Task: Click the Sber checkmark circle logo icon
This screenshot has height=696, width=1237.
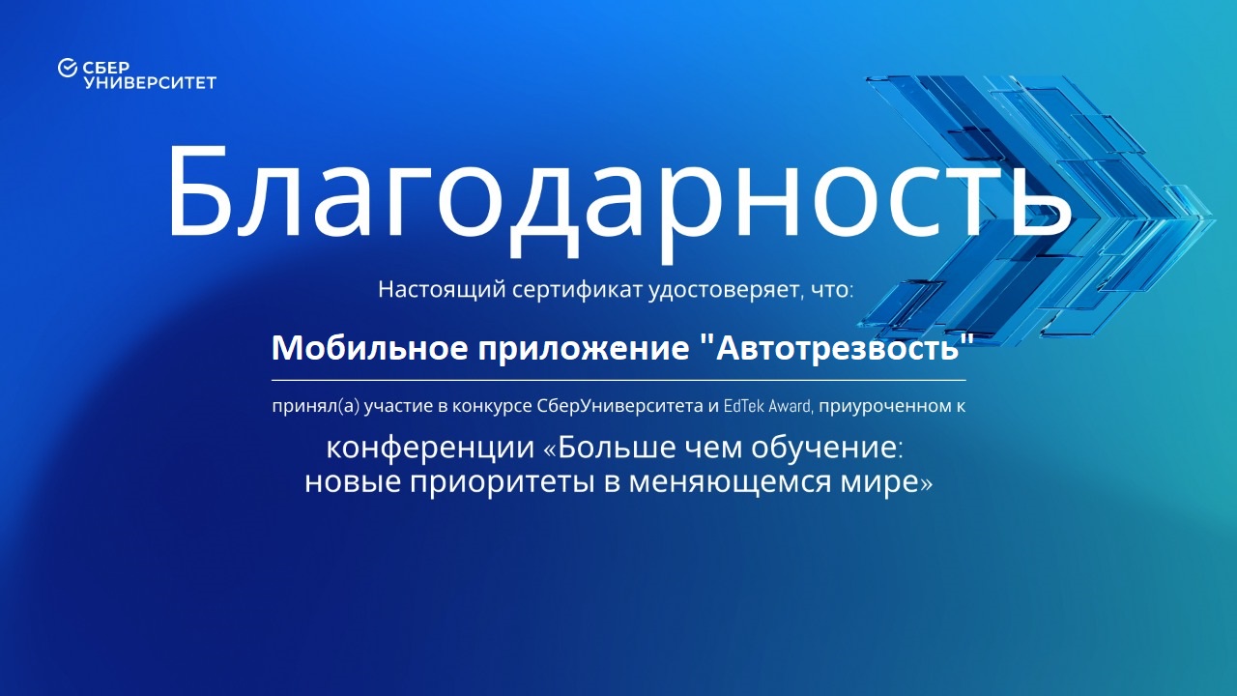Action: click(x=68, y=68)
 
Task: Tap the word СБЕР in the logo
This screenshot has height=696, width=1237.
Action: click(x=106, y=68)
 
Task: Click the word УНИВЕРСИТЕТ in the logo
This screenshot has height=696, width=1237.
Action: click(x=150, y=83)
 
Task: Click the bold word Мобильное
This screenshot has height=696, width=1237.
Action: click(x=369, y=348)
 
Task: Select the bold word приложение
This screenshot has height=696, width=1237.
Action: click(x=584, y=350)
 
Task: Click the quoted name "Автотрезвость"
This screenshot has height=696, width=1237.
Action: click(x=836, y=348)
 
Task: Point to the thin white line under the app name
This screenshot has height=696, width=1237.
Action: click(x=618, y=380)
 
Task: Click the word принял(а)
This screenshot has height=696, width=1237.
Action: click(x=315, y=407)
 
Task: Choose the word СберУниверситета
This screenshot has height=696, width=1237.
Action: click(x=619, y=407)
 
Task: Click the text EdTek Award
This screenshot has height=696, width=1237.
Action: click(x=767, y=407)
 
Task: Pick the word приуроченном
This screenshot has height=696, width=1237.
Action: click(x=883, y=407)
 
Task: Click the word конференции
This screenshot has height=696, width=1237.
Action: click(x=430, y=448)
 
